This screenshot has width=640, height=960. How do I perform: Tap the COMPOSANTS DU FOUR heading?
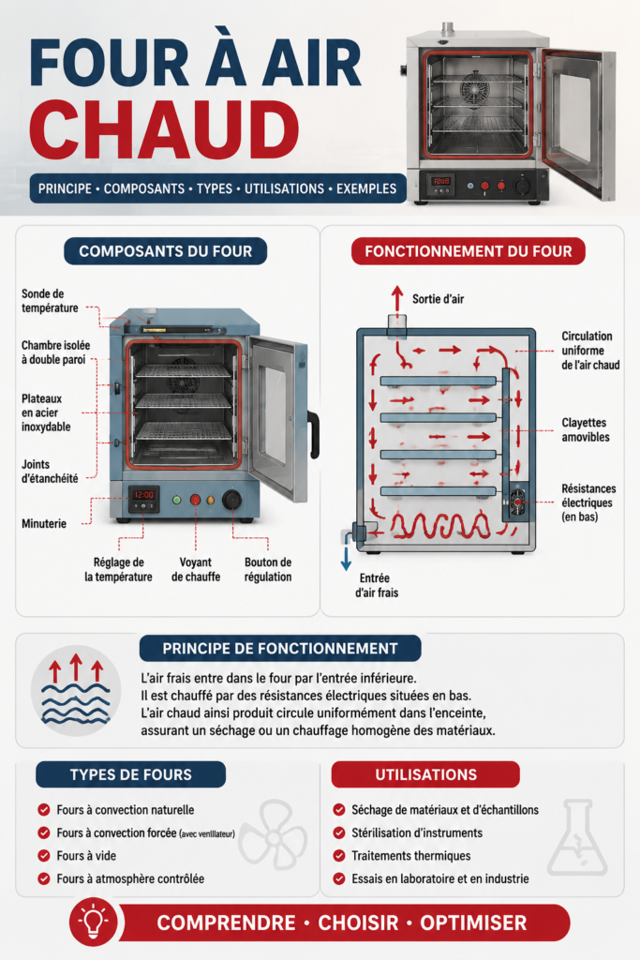pos(165,251)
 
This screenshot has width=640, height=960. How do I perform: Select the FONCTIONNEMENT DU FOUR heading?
pos(469,251)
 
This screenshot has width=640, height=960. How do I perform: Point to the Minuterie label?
pos(44,523)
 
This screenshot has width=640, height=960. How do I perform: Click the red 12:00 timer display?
pos(143,495)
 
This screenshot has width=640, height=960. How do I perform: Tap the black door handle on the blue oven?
pos(314,435)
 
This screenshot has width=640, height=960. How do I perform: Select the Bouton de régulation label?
pos(268,569)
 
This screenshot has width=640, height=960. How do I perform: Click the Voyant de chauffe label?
pos(196,569)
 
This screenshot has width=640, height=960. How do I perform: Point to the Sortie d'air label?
pos(439,299)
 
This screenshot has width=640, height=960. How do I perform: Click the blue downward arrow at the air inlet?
pos(347,558)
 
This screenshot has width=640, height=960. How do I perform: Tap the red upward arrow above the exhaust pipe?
pos(397,298)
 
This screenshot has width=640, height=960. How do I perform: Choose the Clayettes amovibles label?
pos(586,429)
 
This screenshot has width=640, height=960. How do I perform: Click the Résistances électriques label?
pos(588,502)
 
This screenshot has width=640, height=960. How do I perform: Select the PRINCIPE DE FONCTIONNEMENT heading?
pos(280,649)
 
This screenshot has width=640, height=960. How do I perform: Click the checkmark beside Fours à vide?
pos(43,855)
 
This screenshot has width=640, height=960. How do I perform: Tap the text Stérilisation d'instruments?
pos(417,832)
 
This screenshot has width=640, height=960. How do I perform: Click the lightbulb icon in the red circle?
pos(93,921)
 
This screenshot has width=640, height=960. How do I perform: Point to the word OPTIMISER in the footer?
pos(473,922)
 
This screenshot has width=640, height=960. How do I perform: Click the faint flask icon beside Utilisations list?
pos(577,837)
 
